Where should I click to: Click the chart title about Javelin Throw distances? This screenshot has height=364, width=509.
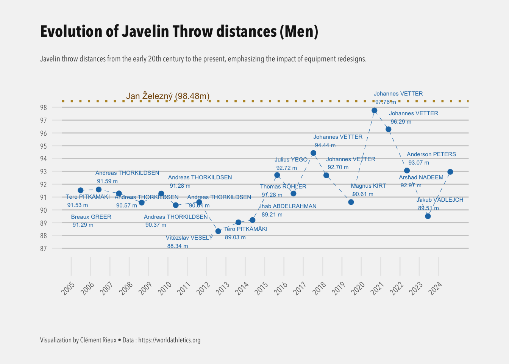(x=179, y=31)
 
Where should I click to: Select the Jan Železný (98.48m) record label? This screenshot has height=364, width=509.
(x=168, y=96)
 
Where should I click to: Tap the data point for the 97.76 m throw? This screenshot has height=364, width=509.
(x=374, y=111)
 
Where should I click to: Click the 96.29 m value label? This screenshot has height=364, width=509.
(x=401, y=122)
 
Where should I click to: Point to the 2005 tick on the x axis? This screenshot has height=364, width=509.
(x=69, y=289)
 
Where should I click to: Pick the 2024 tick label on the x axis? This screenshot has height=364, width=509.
(x=436, y=289)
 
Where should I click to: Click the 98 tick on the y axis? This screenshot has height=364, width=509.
(x=44, y=108)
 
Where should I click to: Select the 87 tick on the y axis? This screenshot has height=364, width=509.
(x=44, y=249)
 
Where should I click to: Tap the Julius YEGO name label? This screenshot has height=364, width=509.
(x=291, y=160)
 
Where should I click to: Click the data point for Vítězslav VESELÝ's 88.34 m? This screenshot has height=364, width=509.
(x=218, y=231)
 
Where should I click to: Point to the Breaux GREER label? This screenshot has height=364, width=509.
(x=91, y=217)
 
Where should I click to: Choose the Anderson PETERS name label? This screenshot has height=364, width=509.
(x=431, y=154)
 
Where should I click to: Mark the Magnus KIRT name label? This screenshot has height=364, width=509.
(x=368, y=186)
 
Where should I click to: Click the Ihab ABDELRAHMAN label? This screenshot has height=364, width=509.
(x=288, y=206)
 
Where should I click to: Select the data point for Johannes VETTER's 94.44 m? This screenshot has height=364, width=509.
(x=313, y=153)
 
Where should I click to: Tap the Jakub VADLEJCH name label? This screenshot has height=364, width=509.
(x=440, y=200)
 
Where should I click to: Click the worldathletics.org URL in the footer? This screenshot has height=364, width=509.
(x=169, y=340)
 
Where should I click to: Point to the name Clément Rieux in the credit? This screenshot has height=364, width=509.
(x=98, y=340)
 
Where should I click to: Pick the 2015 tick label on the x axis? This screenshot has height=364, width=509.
(x=262, y=289)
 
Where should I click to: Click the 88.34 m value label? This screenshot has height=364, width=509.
(x=177, y=246)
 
